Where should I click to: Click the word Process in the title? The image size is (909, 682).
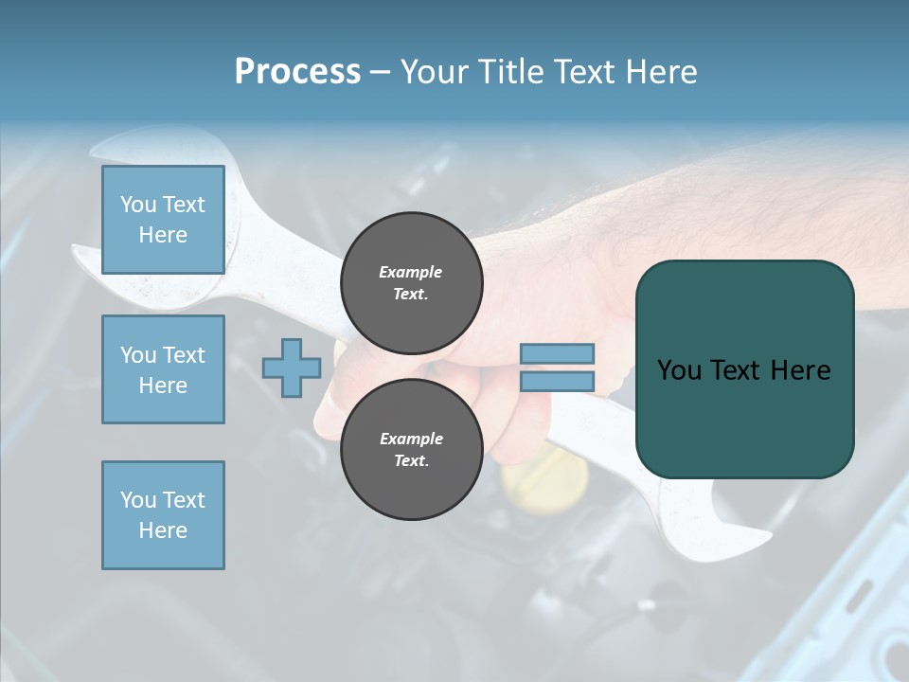click(297, 72)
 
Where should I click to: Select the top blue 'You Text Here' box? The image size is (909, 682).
click(163, 220)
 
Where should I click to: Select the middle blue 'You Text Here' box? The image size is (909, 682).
click(163, 369)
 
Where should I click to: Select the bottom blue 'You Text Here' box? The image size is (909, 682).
click(163, 515)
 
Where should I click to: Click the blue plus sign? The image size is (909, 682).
click(292, 368)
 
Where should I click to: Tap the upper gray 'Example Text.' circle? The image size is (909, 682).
click(411, 282)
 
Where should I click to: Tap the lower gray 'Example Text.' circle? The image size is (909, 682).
click(411, 449)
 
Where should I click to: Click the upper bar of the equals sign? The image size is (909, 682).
click(557, 353)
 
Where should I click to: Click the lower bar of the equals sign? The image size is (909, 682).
click(557, 381)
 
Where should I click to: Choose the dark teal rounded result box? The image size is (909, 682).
click(744, 369)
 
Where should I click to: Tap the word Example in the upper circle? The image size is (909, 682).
click(411, 272)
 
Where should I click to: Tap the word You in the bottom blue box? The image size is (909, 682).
click(138, 500)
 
